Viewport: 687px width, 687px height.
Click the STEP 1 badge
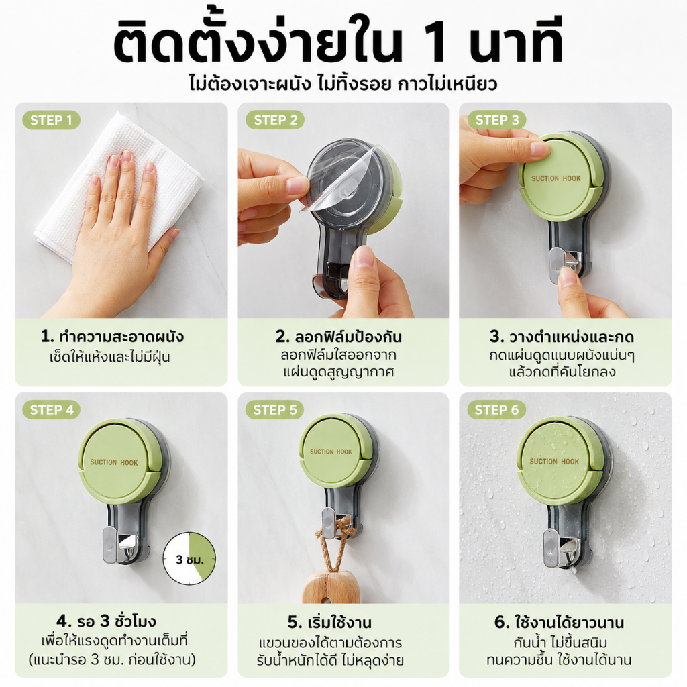[x=51, y=120]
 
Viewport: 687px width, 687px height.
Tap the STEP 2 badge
[x=275, y=120]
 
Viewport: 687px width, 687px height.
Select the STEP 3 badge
[x=497, y=120]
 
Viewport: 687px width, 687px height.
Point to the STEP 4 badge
[x=52, y=410]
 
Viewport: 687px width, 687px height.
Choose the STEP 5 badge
[x=274, y=410]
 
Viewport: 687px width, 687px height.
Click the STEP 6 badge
[x=496, y=410]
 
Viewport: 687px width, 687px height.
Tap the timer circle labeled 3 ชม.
[x=189, y=558]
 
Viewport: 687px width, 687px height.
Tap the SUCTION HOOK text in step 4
[x=114, y=462]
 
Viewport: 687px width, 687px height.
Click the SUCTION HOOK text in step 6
[x=554, y=462]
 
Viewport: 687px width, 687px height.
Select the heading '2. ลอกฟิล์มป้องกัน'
[x=338, y=337]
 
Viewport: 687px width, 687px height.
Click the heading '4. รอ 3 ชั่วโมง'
[x=106, y=621]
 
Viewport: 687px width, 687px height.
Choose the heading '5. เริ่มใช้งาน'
[x=329, y=622]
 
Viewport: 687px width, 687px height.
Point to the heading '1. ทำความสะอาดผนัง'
[x=112, y=337]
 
